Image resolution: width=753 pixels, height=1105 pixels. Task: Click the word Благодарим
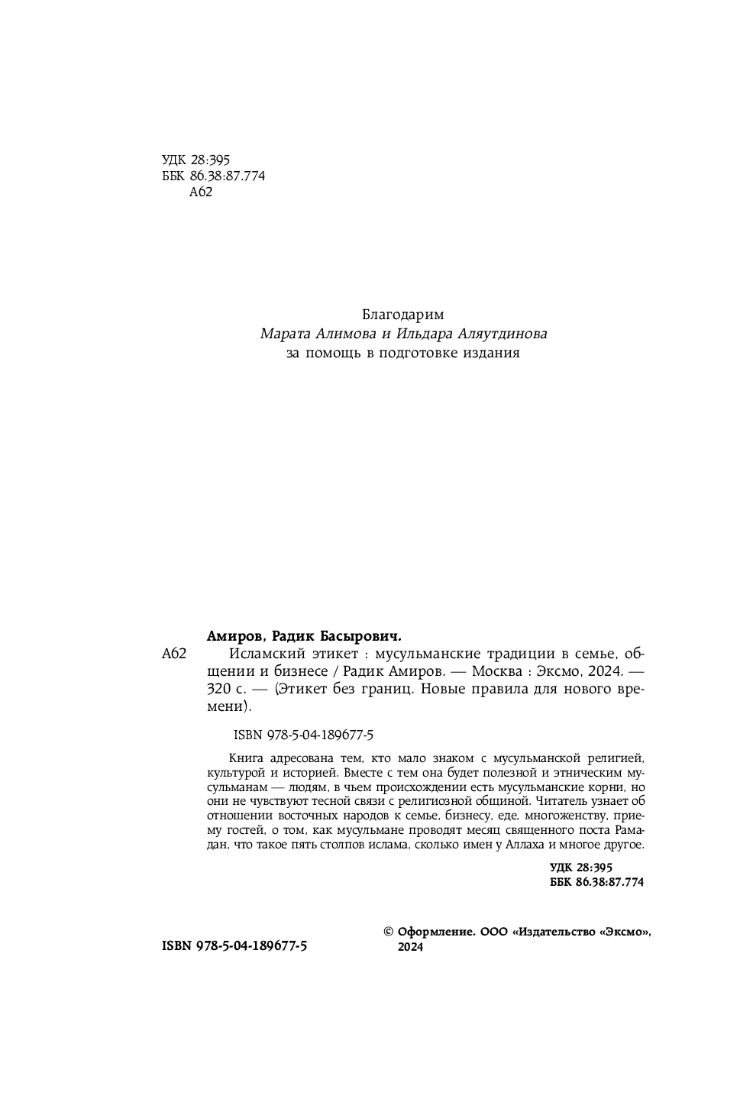coord(402,314)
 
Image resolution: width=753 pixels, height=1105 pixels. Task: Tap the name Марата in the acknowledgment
coord(286,334)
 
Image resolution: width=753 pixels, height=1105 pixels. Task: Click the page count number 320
coord(219,690)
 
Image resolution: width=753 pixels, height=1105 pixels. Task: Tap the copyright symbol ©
coord(388,932)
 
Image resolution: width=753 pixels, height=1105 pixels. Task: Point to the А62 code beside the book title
coord(175,654)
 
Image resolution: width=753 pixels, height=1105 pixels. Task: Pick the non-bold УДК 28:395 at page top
coord(196,160)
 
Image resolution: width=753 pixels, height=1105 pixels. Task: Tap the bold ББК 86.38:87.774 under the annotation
coord(596,881)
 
